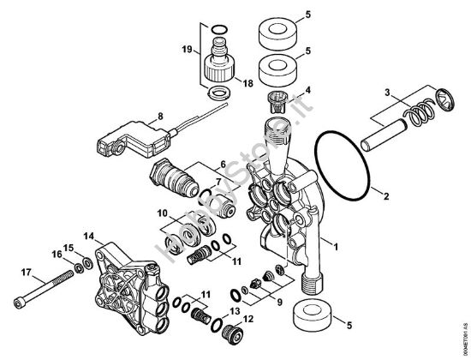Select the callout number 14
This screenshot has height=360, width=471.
(89, 234)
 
